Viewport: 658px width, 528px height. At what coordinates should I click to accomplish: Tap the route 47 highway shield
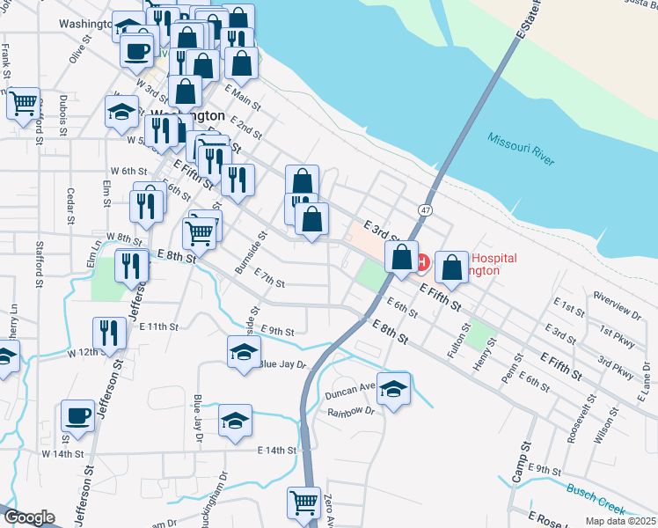pos(426,211)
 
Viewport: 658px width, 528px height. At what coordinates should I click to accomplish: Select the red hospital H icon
pos(421,262)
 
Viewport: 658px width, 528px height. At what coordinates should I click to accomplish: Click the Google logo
pos(28,517)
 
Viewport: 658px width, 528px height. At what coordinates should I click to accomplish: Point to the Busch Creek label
pos(596,498)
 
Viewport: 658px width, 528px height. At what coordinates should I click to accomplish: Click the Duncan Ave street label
pos(349,385)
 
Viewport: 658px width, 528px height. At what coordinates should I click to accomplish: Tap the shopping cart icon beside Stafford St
pos(24,102)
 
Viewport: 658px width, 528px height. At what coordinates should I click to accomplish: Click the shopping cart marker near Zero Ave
pos(303,503)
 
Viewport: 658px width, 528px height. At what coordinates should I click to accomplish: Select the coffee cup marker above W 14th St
pos(77,415)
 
